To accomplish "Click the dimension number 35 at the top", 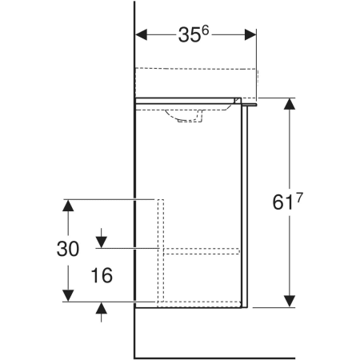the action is point(189,35).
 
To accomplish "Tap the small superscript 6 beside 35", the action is point(205,30).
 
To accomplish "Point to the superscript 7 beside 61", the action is point(299,198).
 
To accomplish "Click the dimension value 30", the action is point(68,249).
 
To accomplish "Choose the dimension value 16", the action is point(102,275).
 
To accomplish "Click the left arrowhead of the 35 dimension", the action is point(141,34).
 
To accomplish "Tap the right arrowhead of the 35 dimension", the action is point(250,34).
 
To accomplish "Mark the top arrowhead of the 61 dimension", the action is point(290,104).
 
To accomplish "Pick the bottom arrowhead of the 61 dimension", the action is point(290,302).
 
